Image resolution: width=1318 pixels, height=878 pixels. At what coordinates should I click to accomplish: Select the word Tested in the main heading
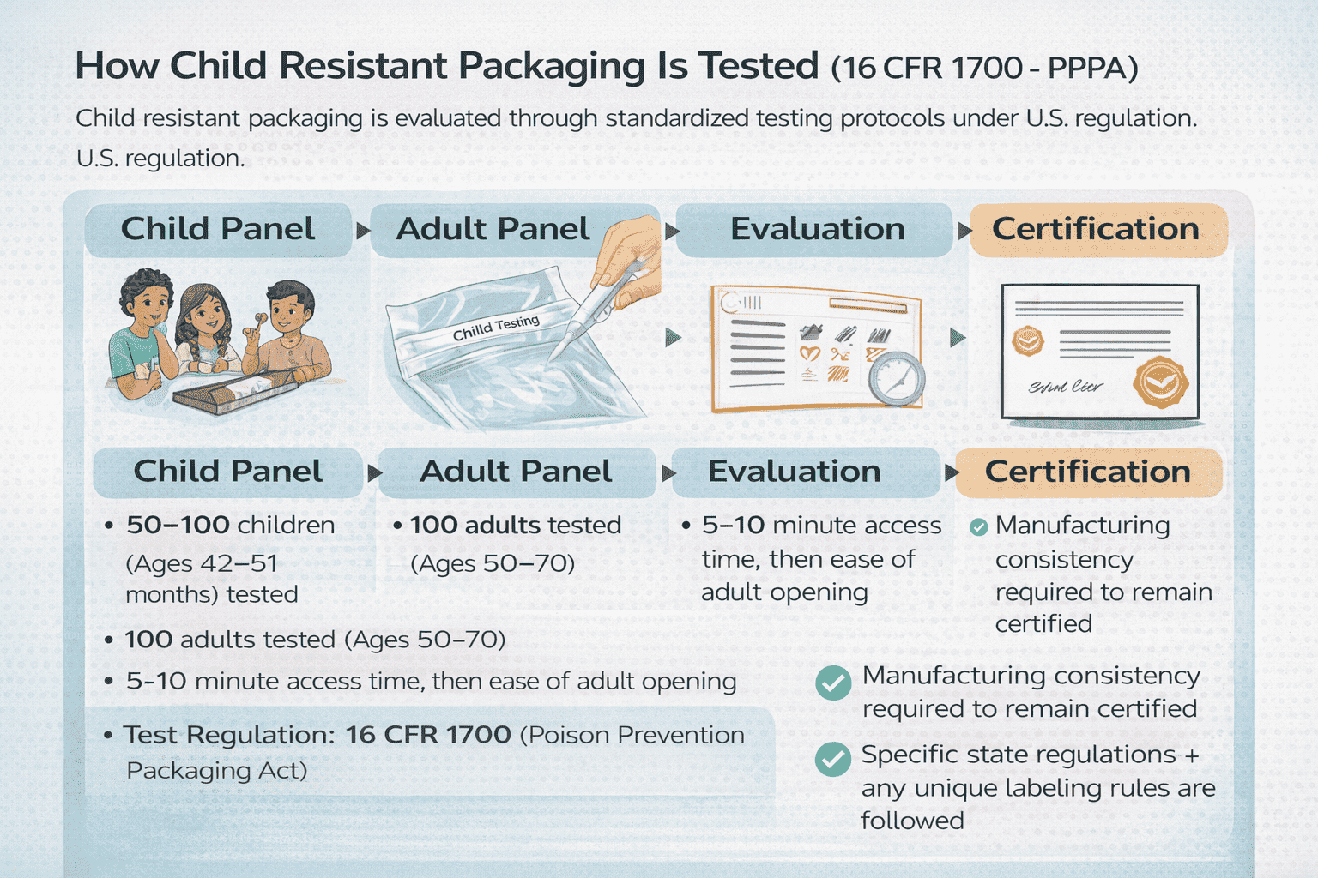click(x=759, y=66)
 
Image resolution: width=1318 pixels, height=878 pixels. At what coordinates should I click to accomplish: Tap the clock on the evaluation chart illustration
click(x=896, y=377)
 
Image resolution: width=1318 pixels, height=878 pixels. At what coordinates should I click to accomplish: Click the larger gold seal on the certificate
click(x=1160, y=382)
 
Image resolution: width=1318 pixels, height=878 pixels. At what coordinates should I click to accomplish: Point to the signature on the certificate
click(x=1066, y=387)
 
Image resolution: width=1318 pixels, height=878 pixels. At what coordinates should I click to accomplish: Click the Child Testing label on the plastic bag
click(x=496, y=327)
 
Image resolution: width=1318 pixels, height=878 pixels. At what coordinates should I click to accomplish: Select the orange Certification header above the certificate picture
click(x=1097, y=230)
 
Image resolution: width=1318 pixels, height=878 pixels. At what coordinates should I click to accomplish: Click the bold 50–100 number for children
click(x=178, y=525)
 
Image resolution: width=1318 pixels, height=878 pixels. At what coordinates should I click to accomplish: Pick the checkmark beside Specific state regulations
click(x=832, y=759)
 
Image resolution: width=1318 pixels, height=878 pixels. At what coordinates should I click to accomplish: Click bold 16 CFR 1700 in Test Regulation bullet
click(x=428, y=735)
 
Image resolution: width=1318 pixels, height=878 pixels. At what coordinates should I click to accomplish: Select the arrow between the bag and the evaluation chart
click(x=673, y=337)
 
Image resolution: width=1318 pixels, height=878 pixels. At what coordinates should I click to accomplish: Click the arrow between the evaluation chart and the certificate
click(x=958, y=338)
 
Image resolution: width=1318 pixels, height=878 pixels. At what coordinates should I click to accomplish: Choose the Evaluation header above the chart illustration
click(x=816, y=230)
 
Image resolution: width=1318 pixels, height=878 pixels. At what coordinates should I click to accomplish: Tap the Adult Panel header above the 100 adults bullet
click(x=515, y=472)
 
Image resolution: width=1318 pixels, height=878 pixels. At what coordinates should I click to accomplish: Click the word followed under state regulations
click(x=912, y=821)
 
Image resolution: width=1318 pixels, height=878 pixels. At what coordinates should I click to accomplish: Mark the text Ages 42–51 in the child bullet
click(x=203, y=563)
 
